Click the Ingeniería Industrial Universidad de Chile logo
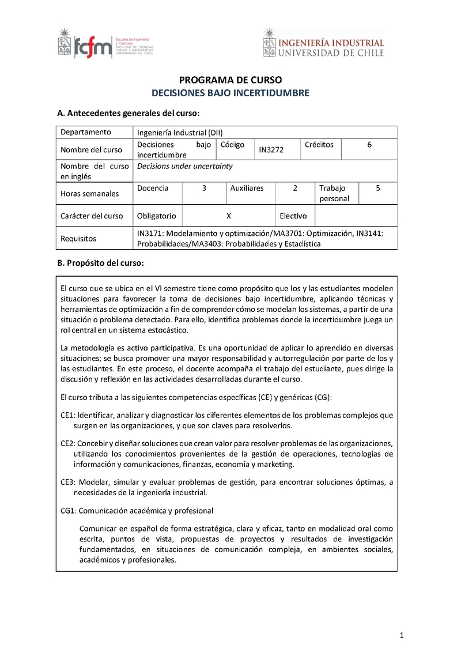[323, 44]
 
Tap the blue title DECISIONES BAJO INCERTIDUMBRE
[230, 92]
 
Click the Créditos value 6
[369, 145]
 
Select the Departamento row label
[86, 132]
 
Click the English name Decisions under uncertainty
[184, 166]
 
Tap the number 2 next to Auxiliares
[295, 188]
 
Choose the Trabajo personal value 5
[377, 188]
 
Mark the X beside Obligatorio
[229, 216]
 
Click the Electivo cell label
[293, 216]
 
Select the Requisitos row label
[78, 239]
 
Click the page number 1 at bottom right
[402, 635]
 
